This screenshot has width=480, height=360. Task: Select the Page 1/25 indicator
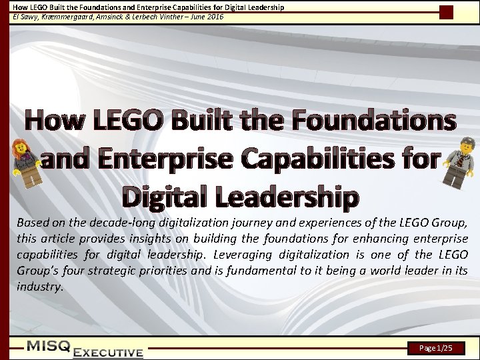tap(436, 348)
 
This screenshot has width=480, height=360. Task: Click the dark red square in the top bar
tap(447, 11)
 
